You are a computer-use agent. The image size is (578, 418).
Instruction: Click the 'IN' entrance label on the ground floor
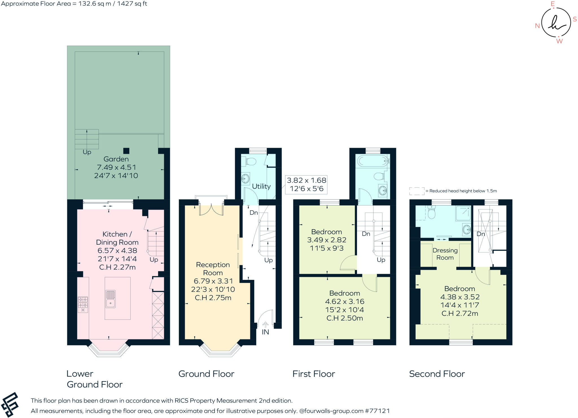click(265, 332)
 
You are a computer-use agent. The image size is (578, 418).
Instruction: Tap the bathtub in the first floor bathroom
click(373, 161)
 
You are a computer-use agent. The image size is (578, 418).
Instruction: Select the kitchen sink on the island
click(110, 299)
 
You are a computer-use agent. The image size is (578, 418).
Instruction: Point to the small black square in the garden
click(126, 151)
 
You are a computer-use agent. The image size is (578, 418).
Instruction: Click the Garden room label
click(116, 159)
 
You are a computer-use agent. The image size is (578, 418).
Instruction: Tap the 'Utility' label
click(261, 186)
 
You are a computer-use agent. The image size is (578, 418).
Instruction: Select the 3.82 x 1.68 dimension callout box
click(306, 184)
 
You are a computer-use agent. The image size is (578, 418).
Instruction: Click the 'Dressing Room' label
click(445, 254)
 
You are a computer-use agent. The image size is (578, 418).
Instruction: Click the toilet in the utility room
click(250, 162)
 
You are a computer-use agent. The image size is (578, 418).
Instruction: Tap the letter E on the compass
click(553, 4)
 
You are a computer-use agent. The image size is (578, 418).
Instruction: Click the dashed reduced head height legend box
click(417, 191)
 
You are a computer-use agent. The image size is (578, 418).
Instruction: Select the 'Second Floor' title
click(437, 374)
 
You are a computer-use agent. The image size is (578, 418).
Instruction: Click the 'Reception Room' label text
click(213, 269)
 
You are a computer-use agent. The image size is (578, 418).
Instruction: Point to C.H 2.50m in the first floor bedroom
click(344, 318)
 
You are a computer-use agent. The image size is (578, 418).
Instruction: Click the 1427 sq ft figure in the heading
click(132, 4)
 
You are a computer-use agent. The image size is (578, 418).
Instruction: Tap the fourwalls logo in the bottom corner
click(10, 404)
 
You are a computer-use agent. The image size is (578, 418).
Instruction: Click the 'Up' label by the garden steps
click(87, 152)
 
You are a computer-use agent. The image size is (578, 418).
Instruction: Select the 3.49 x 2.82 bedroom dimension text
click(327, 240)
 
